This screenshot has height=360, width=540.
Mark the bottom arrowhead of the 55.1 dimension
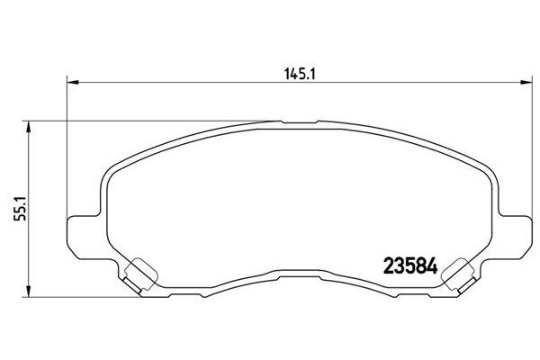31,296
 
